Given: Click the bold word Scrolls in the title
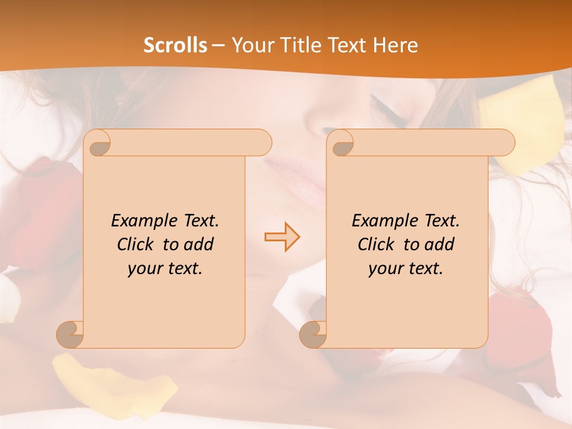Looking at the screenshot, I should click(x=175, y=45).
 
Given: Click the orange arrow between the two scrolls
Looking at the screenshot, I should click(x=282, y=237).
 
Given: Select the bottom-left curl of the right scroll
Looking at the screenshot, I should click(x=313, y=334).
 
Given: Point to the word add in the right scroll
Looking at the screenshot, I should click(x=439, y=244).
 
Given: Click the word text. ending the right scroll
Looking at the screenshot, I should click(x=426, y=269).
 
